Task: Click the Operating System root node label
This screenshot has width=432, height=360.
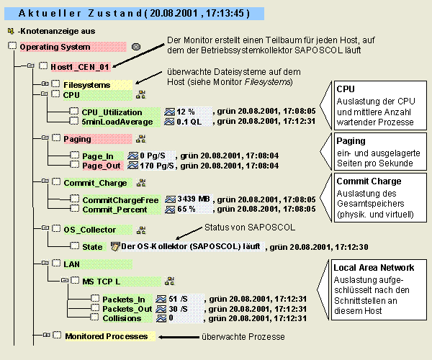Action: click(55, 47)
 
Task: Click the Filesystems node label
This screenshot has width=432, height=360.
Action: click(87, 84)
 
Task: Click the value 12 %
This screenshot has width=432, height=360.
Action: click(186, 112)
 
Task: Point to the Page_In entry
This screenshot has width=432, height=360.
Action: click(98, 156)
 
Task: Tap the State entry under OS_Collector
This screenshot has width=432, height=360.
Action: click(92, 246)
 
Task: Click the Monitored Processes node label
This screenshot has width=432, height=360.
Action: click(106, 336)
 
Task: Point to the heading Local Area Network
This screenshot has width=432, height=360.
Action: click(374, 268)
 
